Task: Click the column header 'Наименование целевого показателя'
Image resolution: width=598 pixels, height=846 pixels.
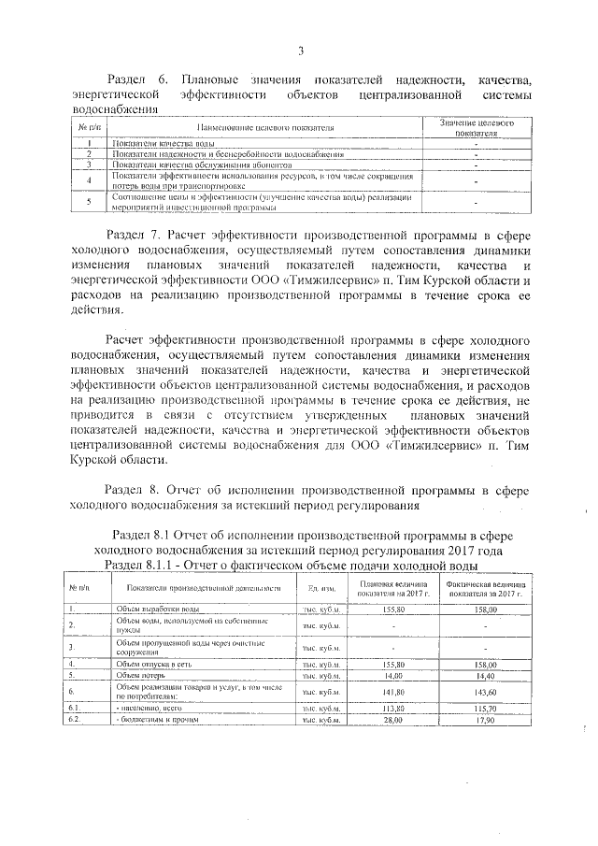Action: (x=265, y=127)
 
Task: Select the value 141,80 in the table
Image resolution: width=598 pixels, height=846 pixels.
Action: (x=392, y=692)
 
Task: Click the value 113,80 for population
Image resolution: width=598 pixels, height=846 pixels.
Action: (x=392, y=709)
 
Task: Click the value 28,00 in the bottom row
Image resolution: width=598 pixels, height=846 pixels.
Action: (x=392, y=721)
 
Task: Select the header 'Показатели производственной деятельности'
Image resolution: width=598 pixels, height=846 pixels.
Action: (x=201, y=588)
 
